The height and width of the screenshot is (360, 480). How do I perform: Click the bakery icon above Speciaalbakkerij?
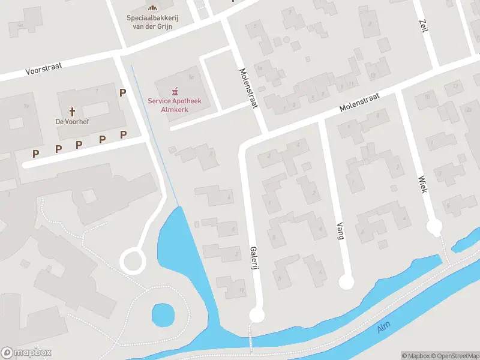click(x=153, y=7)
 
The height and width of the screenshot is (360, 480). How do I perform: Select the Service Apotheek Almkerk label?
click(x=174, y=104)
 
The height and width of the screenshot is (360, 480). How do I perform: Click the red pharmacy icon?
click(x=175, y=91)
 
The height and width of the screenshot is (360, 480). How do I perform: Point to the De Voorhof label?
click(x=73, y=121)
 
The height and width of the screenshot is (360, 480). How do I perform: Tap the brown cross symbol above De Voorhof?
click(x=73, y=111)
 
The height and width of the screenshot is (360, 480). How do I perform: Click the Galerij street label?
click(x=254, y=257)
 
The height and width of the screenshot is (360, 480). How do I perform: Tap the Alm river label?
click(x=384, y=328)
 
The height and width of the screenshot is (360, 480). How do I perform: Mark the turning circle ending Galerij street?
click(x=256, y=315)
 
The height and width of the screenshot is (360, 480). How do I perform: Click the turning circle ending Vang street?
click(x=346, y=281)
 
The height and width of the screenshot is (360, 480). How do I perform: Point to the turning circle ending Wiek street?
click(x=434, y=227)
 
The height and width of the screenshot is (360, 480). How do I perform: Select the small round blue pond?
click(x=163, y=313)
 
